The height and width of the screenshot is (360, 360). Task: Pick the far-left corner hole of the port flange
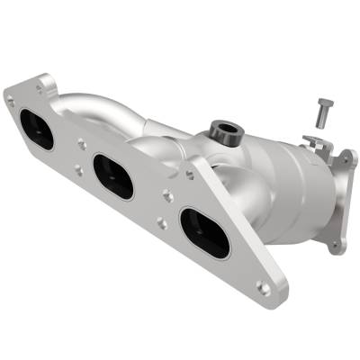point(11,100)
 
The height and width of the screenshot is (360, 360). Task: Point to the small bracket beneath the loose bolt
point(313,141)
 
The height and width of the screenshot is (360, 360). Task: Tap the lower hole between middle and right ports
point(160,222)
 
